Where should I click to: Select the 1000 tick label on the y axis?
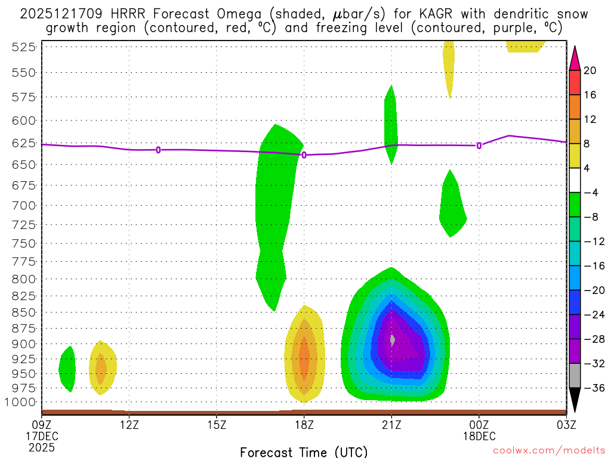tap(21, 401)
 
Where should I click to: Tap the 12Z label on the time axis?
tap(129, 425)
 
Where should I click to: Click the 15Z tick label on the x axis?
tap(217, 425)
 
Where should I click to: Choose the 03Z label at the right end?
tap(566, 425)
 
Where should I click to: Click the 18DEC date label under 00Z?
tap(479, 436)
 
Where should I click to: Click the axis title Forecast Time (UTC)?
tap(304, 451)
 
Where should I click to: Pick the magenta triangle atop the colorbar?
tap(575, 58)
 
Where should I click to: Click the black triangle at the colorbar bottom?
tap(575, 400)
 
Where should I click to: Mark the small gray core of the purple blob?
tap(392, 339)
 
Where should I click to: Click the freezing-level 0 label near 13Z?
tap(158, 150)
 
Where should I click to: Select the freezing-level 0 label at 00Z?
tap(479, 146)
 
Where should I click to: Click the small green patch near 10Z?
tap(67, 369)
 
